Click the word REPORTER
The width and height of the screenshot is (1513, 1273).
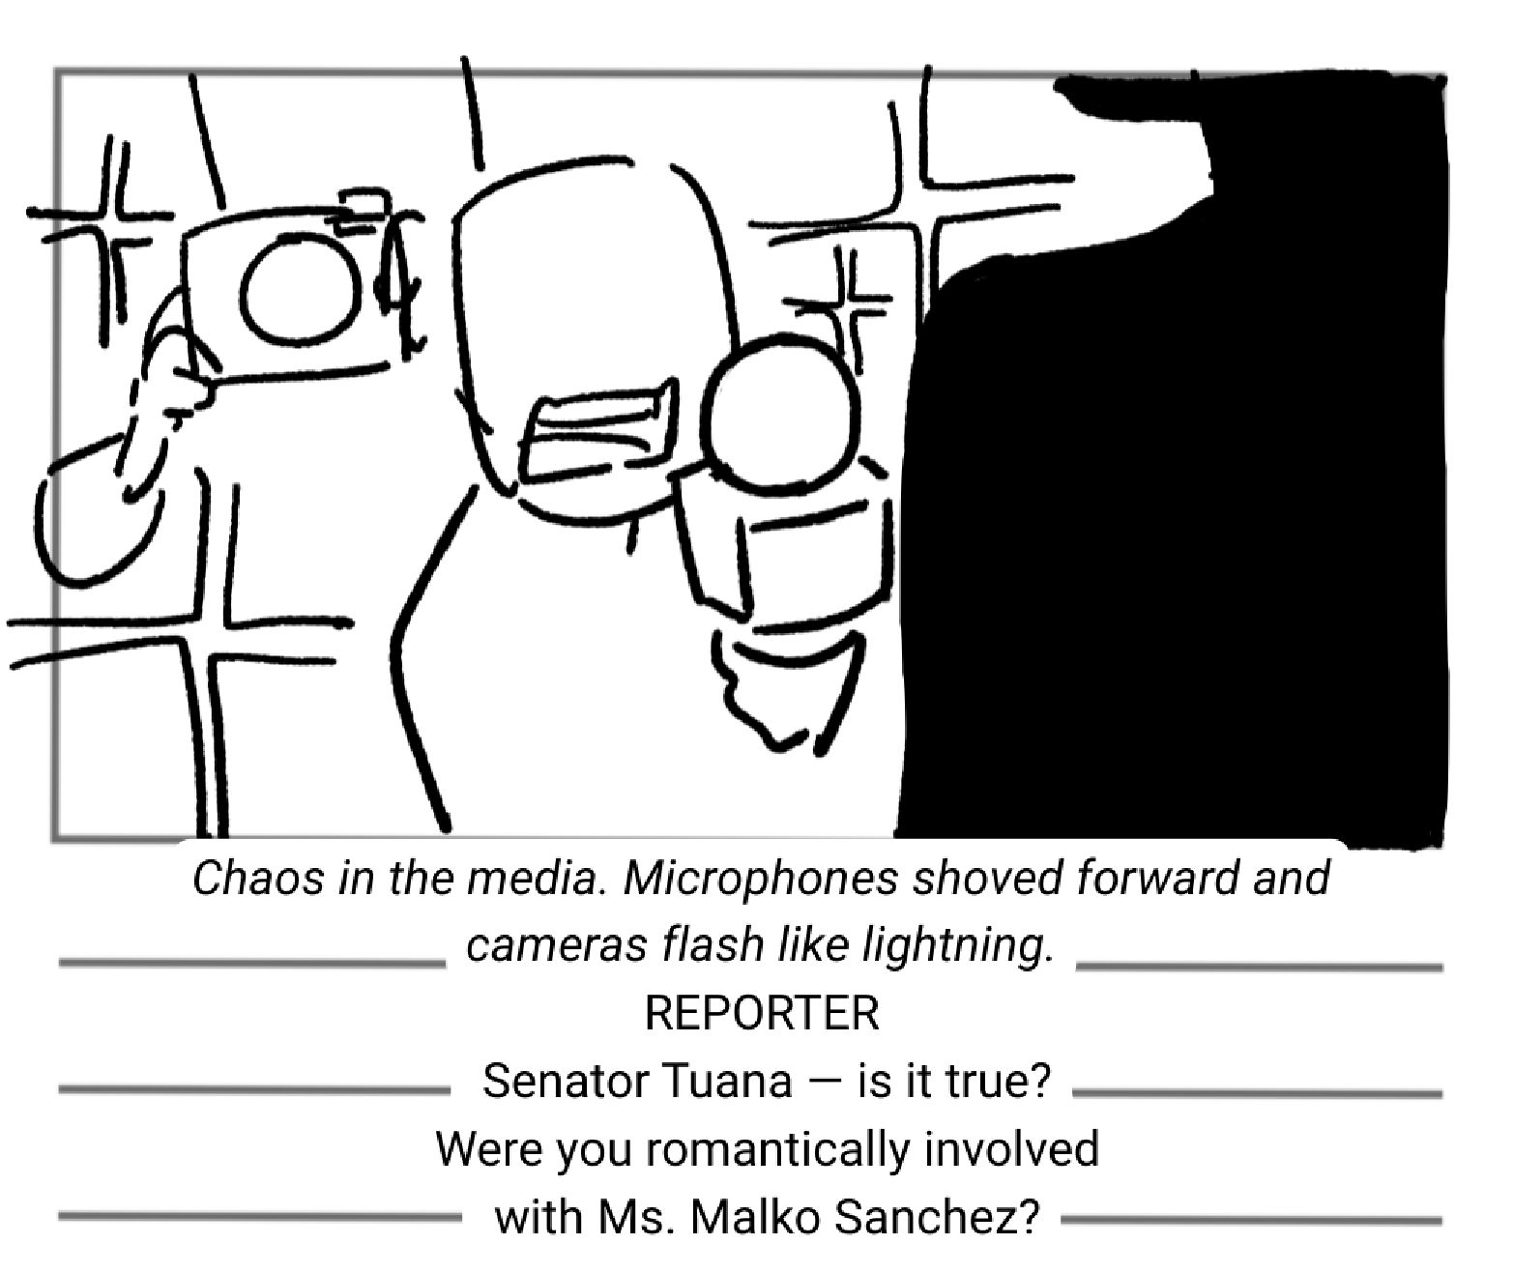tap(762, 1013)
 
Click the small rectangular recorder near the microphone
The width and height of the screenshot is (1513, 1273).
tap(599, 429)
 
